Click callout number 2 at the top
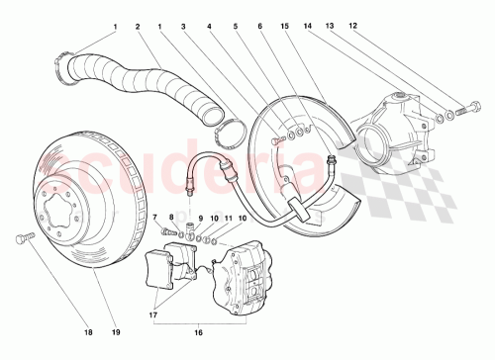138,27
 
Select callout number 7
154,217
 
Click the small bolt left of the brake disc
24,237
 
